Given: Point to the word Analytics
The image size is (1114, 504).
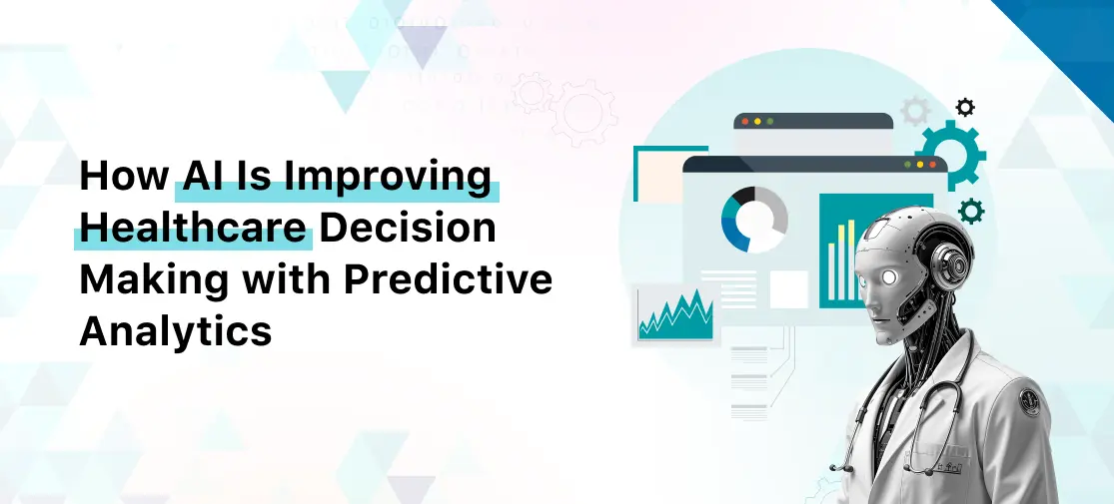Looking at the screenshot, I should (x=175, y=329).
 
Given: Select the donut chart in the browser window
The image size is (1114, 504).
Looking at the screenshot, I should (x=754, y=219).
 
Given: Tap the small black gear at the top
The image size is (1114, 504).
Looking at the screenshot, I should (x=964, y=107).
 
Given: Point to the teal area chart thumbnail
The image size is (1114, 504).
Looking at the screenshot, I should (x=675, y=313).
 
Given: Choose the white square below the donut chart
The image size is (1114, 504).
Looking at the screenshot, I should (x=788, y=289).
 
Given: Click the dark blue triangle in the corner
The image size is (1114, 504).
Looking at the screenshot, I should (x=1074, y=35).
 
